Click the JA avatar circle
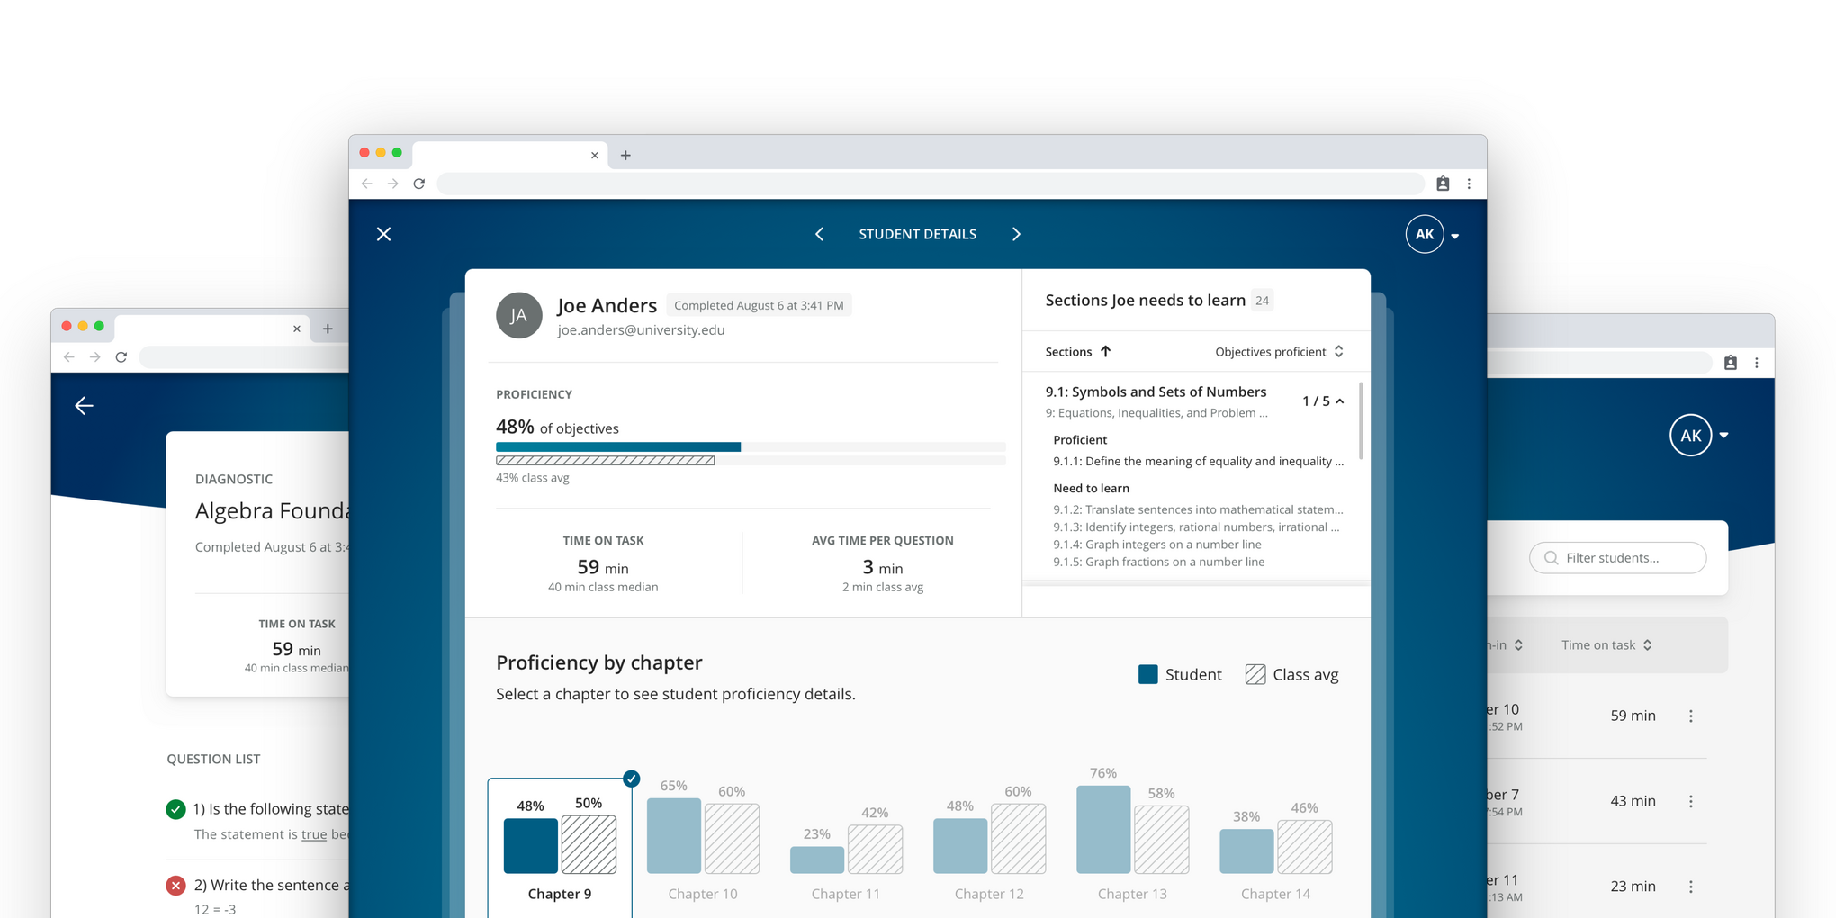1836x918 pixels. click(x=519, y=316)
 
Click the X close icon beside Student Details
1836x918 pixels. click(x=383, y=234)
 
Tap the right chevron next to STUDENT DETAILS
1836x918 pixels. click(x=1016, y=234)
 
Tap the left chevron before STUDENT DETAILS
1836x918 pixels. click(x=819, y=234)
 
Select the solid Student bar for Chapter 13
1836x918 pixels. click(x=1103, y=830)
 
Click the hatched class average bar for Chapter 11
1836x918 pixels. click(x=875, y=849)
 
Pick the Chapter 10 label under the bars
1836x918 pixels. click(x=703, y=894)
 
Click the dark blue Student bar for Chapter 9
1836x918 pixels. click(x=530, y=845)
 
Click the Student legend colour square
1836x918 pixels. click(x=1147, y=674)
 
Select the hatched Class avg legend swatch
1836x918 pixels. click(x=1255, y=674)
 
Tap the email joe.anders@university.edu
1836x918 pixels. click(x=641, y=330)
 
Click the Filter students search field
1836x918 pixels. click(x=1618, y=558)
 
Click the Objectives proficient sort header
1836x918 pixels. click(x=1278, y=352)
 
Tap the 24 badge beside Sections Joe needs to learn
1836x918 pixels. click(x=1262, y=301)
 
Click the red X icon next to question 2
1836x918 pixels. click(x=176, y=886)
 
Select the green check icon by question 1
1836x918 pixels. click(x=176, y=809)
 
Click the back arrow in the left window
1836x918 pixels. click(x=84, y=406)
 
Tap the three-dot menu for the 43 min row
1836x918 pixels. click(x=1690, y=801)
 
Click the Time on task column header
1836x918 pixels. click(x=1606, y=645)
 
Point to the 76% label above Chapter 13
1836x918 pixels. click(x=1103, y=773)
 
